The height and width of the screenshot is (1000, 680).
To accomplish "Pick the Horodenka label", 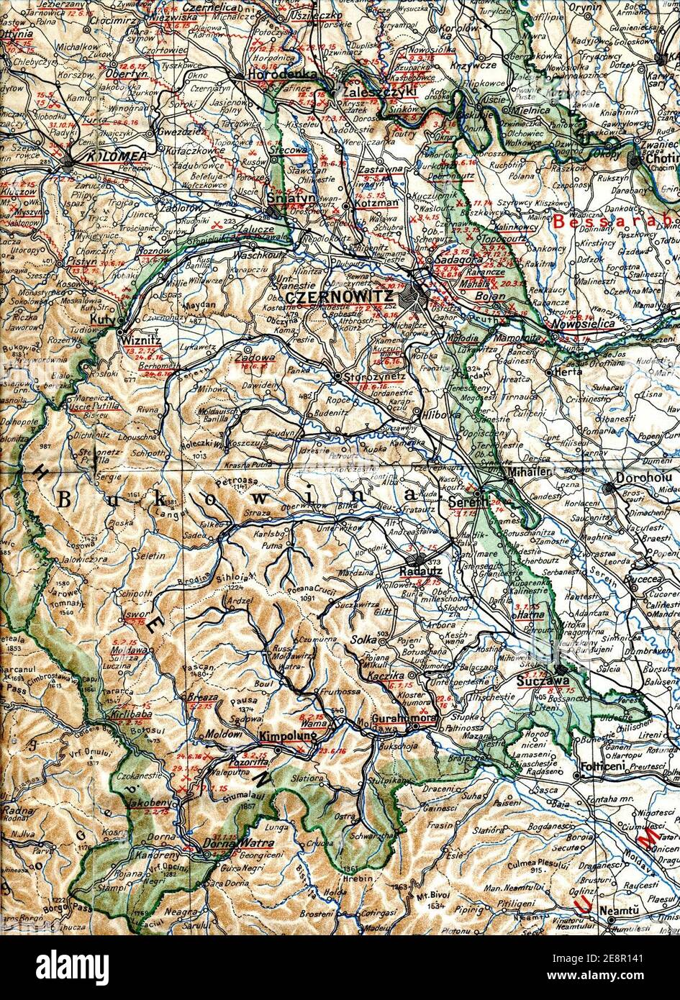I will point(273,75).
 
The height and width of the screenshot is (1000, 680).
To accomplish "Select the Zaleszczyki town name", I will point(371,92).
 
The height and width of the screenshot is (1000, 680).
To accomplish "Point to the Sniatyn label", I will point(282,197).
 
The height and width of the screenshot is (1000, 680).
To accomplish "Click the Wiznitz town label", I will point(140,334).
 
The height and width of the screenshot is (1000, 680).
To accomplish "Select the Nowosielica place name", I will point(588,324).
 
